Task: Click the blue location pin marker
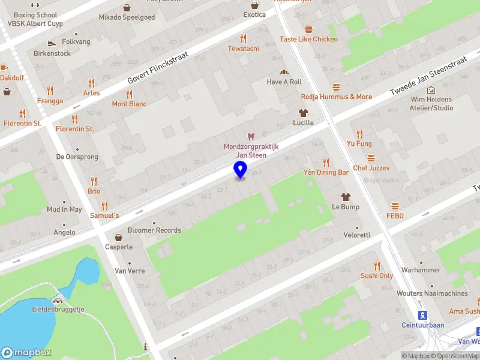click(x=241, y=170)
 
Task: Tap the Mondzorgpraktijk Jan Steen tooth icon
click(x=251, y=137)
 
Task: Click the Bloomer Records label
click(x=155, y=230)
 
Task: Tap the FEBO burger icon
click(x=395, y=206)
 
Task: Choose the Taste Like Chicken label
click(x=308, y=39)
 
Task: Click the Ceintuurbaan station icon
click(x=422, y=315)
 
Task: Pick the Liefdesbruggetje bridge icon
click(x=58, y=300)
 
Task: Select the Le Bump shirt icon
click(x=346, y=197)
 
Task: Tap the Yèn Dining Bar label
click(x=326, y=172)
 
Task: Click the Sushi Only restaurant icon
click(x=377, y=266)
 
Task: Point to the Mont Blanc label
click(x=129, y=104)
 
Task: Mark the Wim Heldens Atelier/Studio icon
click(x=431, y=90)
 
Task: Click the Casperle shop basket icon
click(x=119, y=237)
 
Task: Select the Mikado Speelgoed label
click(x=127, y=17)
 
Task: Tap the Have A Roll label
click(x=284, y=82)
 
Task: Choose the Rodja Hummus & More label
click(x=336, y=97)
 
